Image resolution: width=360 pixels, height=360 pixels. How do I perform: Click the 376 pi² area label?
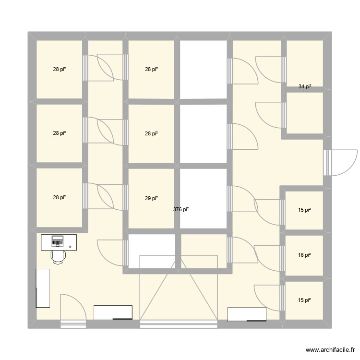[x=181, y=209]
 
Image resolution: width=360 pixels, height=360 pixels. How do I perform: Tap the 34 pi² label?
[x=305, y=87]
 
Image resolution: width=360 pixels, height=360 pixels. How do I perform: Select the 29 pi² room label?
[x=152, y=198]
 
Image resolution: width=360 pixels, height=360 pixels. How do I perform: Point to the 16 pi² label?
[x=305, y=255]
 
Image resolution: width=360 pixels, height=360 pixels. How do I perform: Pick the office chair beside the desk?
[x=58, y=256]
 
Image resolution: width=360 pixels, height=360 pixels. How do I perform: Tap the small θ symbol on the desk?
[x=70, y=247]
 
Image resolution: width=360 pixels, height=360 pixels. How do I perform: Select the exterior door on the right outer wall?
[x=340, y=162]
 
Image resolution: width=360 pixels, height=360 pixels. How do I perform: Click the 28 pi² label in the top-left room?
[x=59, y=70]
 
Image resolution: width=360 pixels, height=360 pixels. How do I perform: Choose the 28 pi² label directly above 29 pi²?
[x=152, y=133]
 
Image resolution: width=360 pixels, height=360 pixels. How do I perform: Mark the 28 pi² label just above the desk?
[x=59, y=197]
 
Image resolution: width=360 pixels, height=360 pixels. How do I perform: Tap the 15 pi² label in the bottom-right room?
[x=305, y=300]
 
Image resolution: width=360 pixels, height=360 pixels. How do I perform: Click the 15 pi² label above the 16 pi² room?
[x=305, y=209]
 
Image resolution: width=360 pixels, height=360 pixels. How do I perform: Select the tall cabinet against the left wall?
[x=43, y=288]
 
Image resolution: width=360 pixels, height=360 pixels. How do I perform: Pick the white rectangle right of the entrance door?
[x=113, y=312]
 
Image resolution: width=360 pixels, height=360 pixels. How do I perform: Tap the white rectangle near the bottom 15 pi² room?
[x=247, y=314]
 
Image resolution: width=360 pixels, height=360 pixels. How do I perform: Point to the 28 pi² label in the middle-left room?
[x=59, y=133]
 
